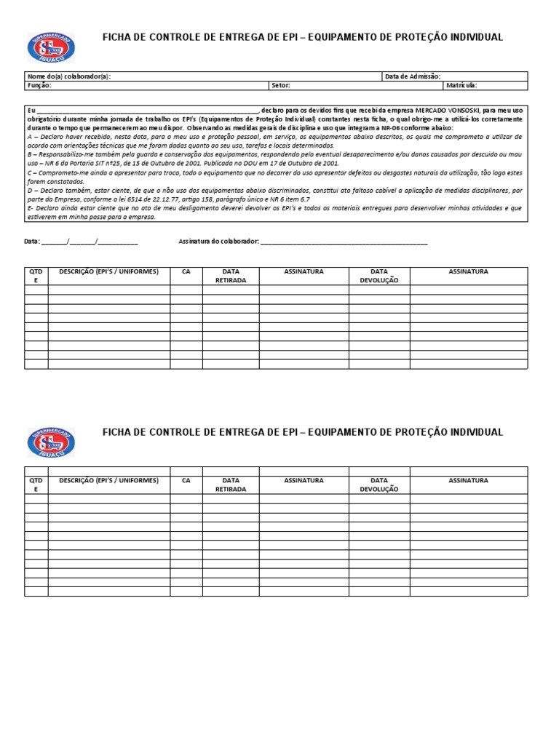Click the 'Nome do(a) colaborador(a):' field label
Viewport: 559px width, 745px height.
68,76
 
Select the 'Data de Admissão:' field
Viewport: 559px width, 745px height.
412,76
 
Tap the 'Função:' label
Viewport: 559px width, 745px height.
39,85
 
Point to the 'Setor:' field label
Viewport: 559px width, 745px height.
280,85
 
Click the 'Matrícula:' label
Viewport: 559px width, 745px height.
461,85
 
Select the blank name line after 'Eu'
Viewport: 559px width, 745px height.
146,110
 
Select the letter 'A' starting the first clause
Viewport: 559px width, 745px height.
29,137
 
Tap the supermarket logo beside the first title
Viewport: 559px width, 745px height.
51,47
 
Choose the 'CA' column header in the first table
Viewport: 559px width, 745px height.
186,271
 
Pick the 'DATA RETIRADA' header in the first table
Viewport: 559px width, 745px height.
231,276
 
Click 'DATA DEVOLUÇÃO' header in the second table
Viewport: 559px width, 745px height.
378,485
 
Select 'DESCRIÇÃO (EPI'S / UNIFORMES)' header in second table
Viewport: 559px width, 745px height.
108,481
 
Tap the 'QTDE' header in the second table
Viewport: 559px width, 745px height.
36,485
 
